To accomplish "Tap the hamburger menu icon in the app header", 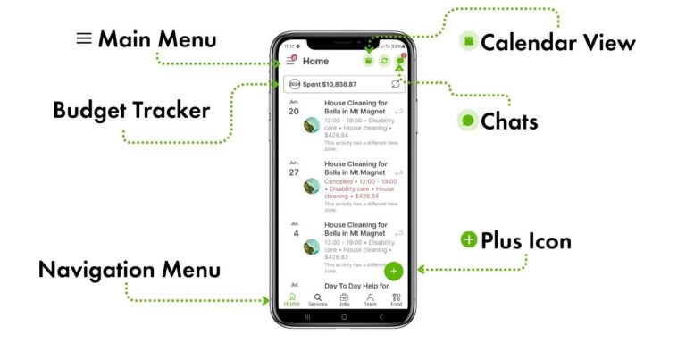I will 290,61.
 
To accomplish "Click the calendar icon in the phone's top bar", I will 368,61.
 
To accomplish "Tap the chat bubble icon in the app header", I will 400,61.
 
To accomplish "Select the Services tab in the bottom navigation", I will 318,299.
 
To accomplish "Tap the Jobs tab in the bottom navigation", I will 344,299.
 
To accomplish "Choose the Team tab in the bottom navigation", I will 370,299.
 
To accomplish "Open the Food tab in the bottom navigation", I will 397,299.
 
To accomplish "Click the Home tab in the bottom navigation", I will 292,299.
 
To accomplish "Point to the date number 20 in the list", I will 294,111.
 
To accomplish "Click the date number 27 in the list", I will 294,172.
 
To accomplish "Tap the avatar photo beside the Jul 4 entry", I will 312,247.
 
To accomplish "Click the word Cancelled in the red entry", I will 339,181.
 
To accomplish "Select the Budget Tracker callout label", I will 131,111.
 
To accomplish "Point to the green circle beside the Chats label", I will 468,121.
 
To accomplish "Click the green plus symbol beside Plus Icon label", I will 469,239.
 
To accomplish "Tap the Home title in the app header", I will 315,61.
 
